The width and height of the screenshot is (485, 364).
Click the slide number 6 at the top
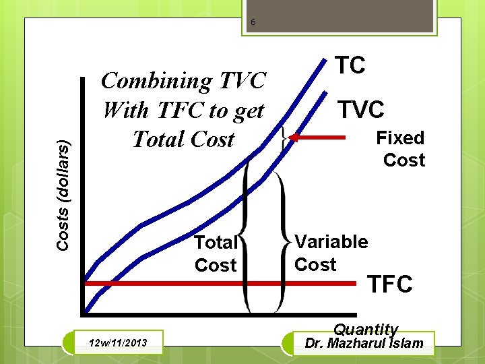253,23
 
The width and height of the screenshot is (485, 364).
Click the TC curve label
350,65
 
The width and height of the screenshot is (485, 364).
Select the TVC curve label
360,109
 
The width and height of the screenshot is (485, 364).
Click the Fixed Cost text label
401,149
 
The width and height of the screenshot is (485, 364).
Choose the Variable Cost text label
331,253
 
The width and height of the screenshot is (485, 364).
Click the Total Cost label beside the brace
215,253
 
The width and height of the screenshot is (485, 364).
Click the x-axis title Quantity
366,329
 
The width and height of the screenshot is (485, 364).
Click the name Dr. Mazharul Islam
364,343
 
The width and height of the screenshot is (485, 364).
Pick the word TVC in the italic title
243,81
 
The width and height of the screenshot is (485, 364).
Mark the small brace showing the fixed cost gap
286,138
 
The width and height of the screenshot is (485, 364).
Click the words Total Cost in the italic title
183,139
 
